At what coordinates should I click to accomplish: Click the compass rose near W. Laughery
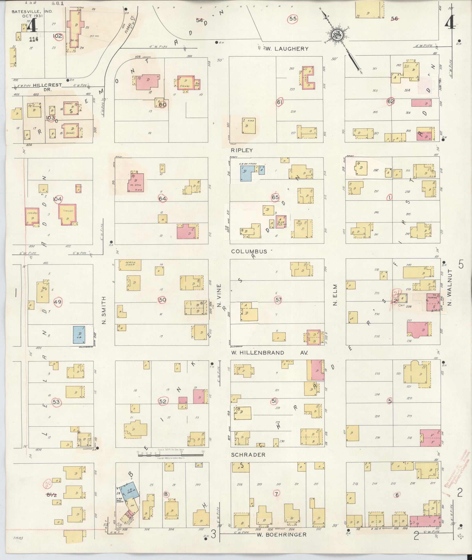(337, 35)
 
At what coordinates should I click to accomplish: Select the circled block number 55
(293, 19)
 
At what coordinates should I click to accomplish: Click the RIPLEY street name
(244, 150)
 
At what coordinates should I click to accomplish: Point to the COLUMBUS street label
(249, 251)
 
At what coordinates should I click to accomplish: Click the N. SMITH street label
(104, 310)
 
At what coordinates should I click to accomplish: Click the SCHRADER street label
(248, 455)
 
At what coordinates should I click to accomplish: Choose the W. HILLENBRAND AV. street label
(269, 353)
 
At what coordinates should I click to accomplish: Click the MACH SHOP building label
(130, 264)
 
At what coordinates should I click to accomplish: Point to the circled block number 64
(163, 199)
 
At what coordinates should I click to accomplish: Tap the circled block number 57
(278, 300)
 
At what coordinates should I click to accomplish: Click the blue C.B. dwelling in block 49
(80, 335)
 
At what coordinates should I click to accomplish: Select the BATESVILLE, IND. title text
(32, 12)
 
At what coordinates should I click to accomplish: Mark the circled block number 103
(50, 117)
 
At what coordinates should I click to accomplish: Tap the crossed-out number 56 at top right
(395, 18)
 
